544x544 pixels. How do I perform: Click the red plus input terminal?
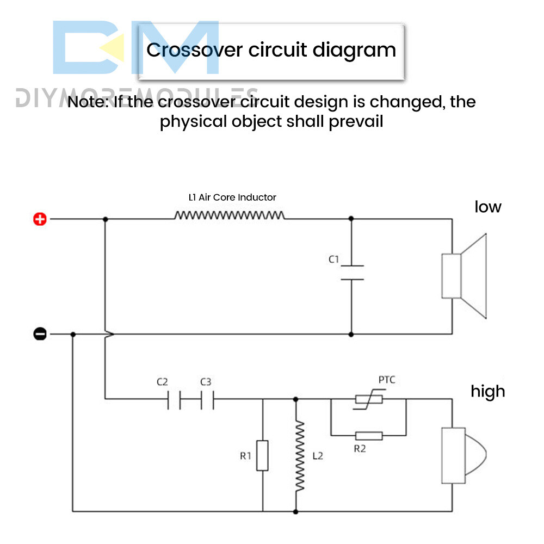(40, 219)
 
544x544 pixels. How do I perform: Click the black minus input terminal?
(40, 334)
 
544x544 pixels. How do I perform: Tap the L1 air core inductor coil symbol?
(229, 216)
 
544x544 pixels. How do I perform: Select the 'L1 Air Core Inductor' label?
(232, 197)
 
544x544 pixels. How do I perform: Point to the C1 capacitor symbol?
(351, 273)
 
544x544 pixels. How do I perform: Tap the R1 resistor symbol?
(263, 455)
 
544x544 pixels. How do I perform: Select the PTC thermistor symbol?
(368, 399)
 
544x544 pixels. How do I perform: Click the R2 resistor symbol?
(368, 435)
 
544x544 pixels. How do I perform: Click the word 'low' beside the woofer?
(487, 207)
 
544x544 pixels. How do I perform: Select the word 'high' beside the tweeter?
(487, 391)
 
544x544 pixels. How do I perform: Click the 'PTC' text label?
(386, 380)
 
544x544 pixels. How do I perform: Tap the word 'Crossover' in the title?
(194, 50)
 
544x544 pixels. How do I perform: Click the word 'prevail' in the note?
(356, 121)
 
